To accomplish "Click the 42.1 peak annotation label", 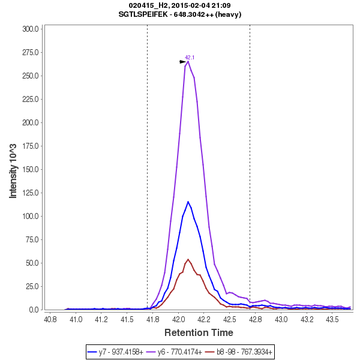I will [x=190, y=58].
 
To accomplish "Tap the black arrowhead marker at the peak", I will [x=183, y=62].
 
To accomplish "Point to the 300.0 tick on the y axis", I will [x=31, y=29].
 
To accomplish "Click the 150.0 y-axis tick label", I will [x=31, y=169].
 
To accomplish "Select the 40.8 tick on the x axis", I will [x=50, y=319].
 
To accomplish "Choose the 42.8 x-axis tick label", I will [x=256, y=319].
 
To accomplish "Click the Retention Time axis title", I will [x=199, y=332].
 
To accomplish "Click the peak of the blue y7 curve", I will [x=188, y=202].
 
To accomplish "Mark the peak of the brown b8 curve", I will [x=188, y=259].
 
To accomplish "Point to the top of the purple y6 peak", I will [x=188, y=61].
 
